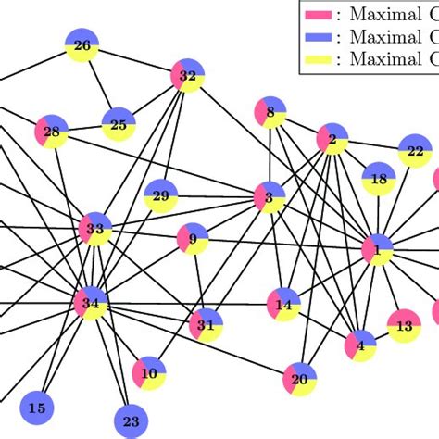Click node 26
82,45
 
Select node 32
187,75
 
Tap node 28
51,132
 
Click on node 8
270,112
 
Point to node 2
332,140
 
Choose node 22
415,151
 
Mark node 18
379,179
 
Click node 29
160,195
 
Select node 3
270,196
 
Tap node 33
95,228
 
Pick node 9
193,240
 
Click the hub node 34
91,303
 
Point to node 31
206,325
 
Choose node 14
283,304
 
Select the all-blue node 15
37,408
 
